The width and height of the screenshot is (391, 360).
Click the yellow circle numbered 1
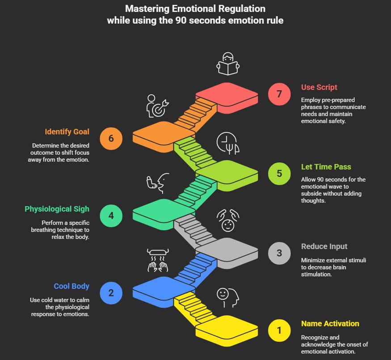279,330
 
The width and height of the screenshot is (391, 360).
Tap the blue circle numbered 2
111,293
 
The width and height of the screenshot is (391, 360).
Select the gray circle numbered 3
279,253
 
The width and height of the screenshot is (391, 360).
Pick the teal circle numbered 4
111,216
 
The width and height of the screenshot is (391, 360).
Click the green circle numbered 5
279,173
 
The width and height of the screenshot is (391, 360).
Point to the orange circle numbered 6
111,138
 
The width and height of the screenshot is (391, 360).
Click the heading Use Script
319,87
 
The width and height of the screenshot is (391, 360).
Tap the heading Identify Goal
67,132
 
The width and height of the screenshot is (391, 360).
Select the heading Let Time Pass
326,167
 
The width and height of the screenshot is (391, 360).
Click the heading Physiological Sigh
57,209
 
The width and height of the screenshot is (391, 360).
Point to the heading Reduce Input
324,246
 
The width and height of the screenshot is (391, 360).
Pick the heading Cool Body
71,286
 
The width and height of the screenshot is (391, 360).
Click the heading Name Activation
330,324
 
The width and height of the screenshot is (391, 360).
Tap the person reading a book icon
228,64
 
